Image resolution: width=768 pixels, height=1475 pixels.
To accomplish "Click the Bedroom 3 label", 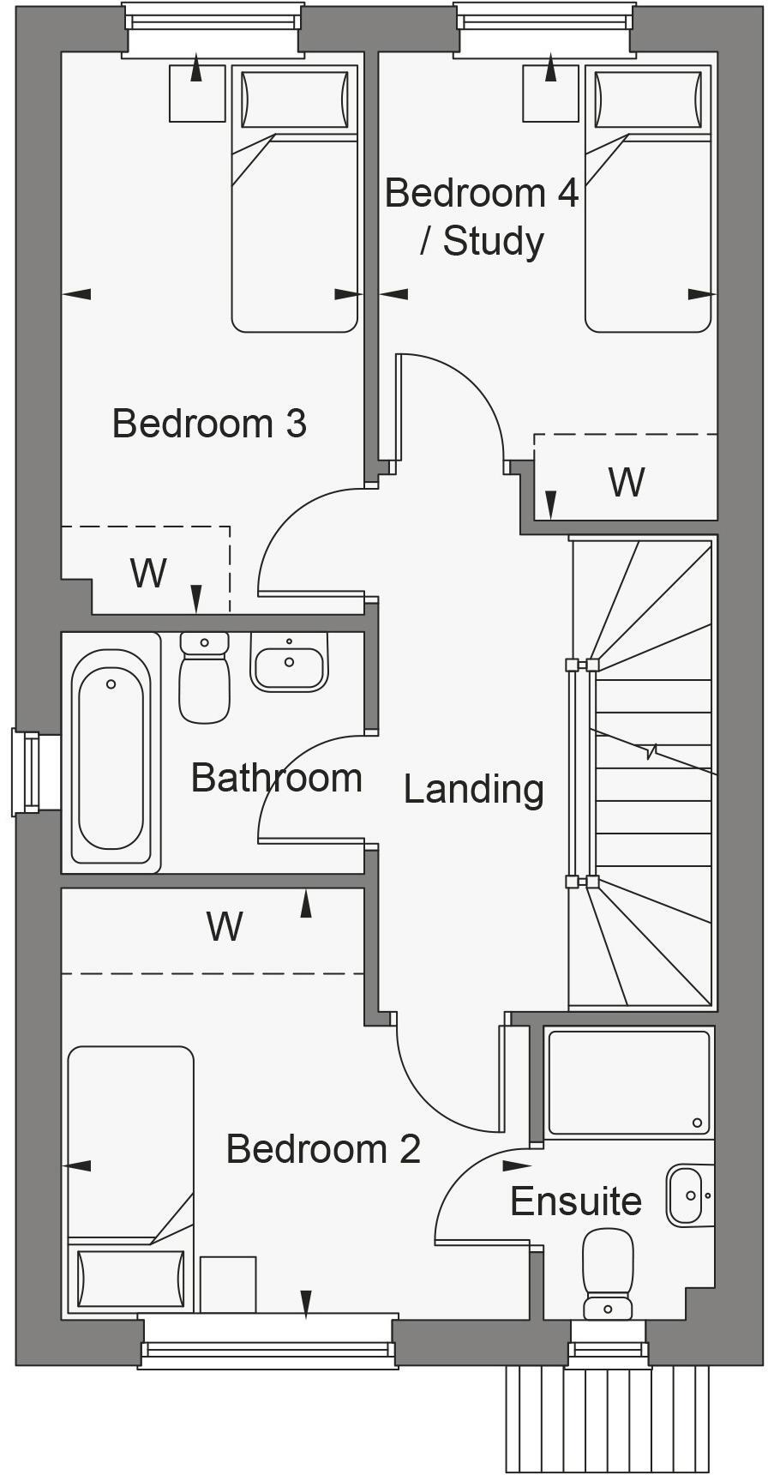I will [x=209, y=424].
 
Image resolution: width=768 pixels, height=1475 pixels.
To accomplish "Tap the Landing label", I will [x=473, y=789].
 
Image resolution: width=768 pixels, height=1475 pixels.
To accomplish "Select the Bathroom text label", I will [x=276, y=778].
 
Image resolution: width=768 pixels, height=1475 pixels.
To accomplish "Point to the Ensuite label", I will [x=576, y=1201].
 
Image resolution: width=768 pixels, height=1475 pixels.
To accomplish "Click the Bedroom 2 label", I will [x=323, y=1149].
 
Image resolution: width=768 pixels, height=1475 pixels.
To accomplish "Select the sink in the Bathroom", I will [x=290, y=662].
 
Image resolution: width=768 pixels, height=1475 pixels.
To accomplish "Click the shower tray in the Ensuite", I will [x=628, y=1083].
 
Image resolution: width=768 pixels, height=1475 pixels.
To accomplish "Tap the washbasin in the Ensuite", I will [x=687, y=1195].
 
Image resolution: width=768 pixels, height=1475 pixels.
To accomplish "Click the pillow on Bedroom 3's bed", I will [x=295, y=99].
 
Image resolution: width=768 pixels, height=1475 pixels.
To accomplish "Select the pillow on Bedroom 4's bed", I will [x=648, y=99].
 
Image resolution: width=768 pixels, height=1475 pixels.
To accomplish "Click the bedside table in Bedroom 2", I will [x=228, y=1284].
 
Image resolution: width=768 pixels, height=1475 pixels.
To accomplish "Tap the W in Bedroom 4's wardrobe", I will [x=626, y=483].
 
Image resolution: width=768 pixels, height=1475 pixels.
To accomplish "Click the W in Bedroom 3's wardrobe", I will [x=148, y=573].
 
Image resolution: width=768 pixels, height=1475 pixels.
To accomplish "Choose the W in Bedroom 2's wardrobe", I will [x=225, y=927].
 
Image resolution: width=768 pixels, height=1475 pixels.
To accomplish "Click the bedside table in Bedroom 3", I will [x=197, y=93].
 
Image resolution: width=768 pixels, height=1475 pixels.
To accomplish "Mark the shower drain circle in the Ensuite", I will [x=698, y=1123].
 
